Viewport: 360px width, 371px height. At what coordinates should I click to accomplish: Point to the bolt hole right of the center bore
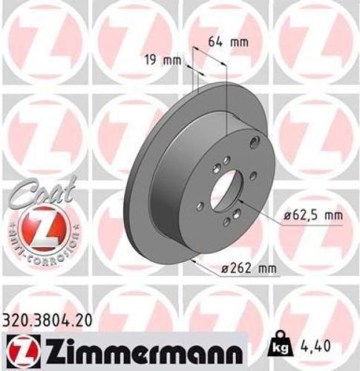point(253,176)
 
